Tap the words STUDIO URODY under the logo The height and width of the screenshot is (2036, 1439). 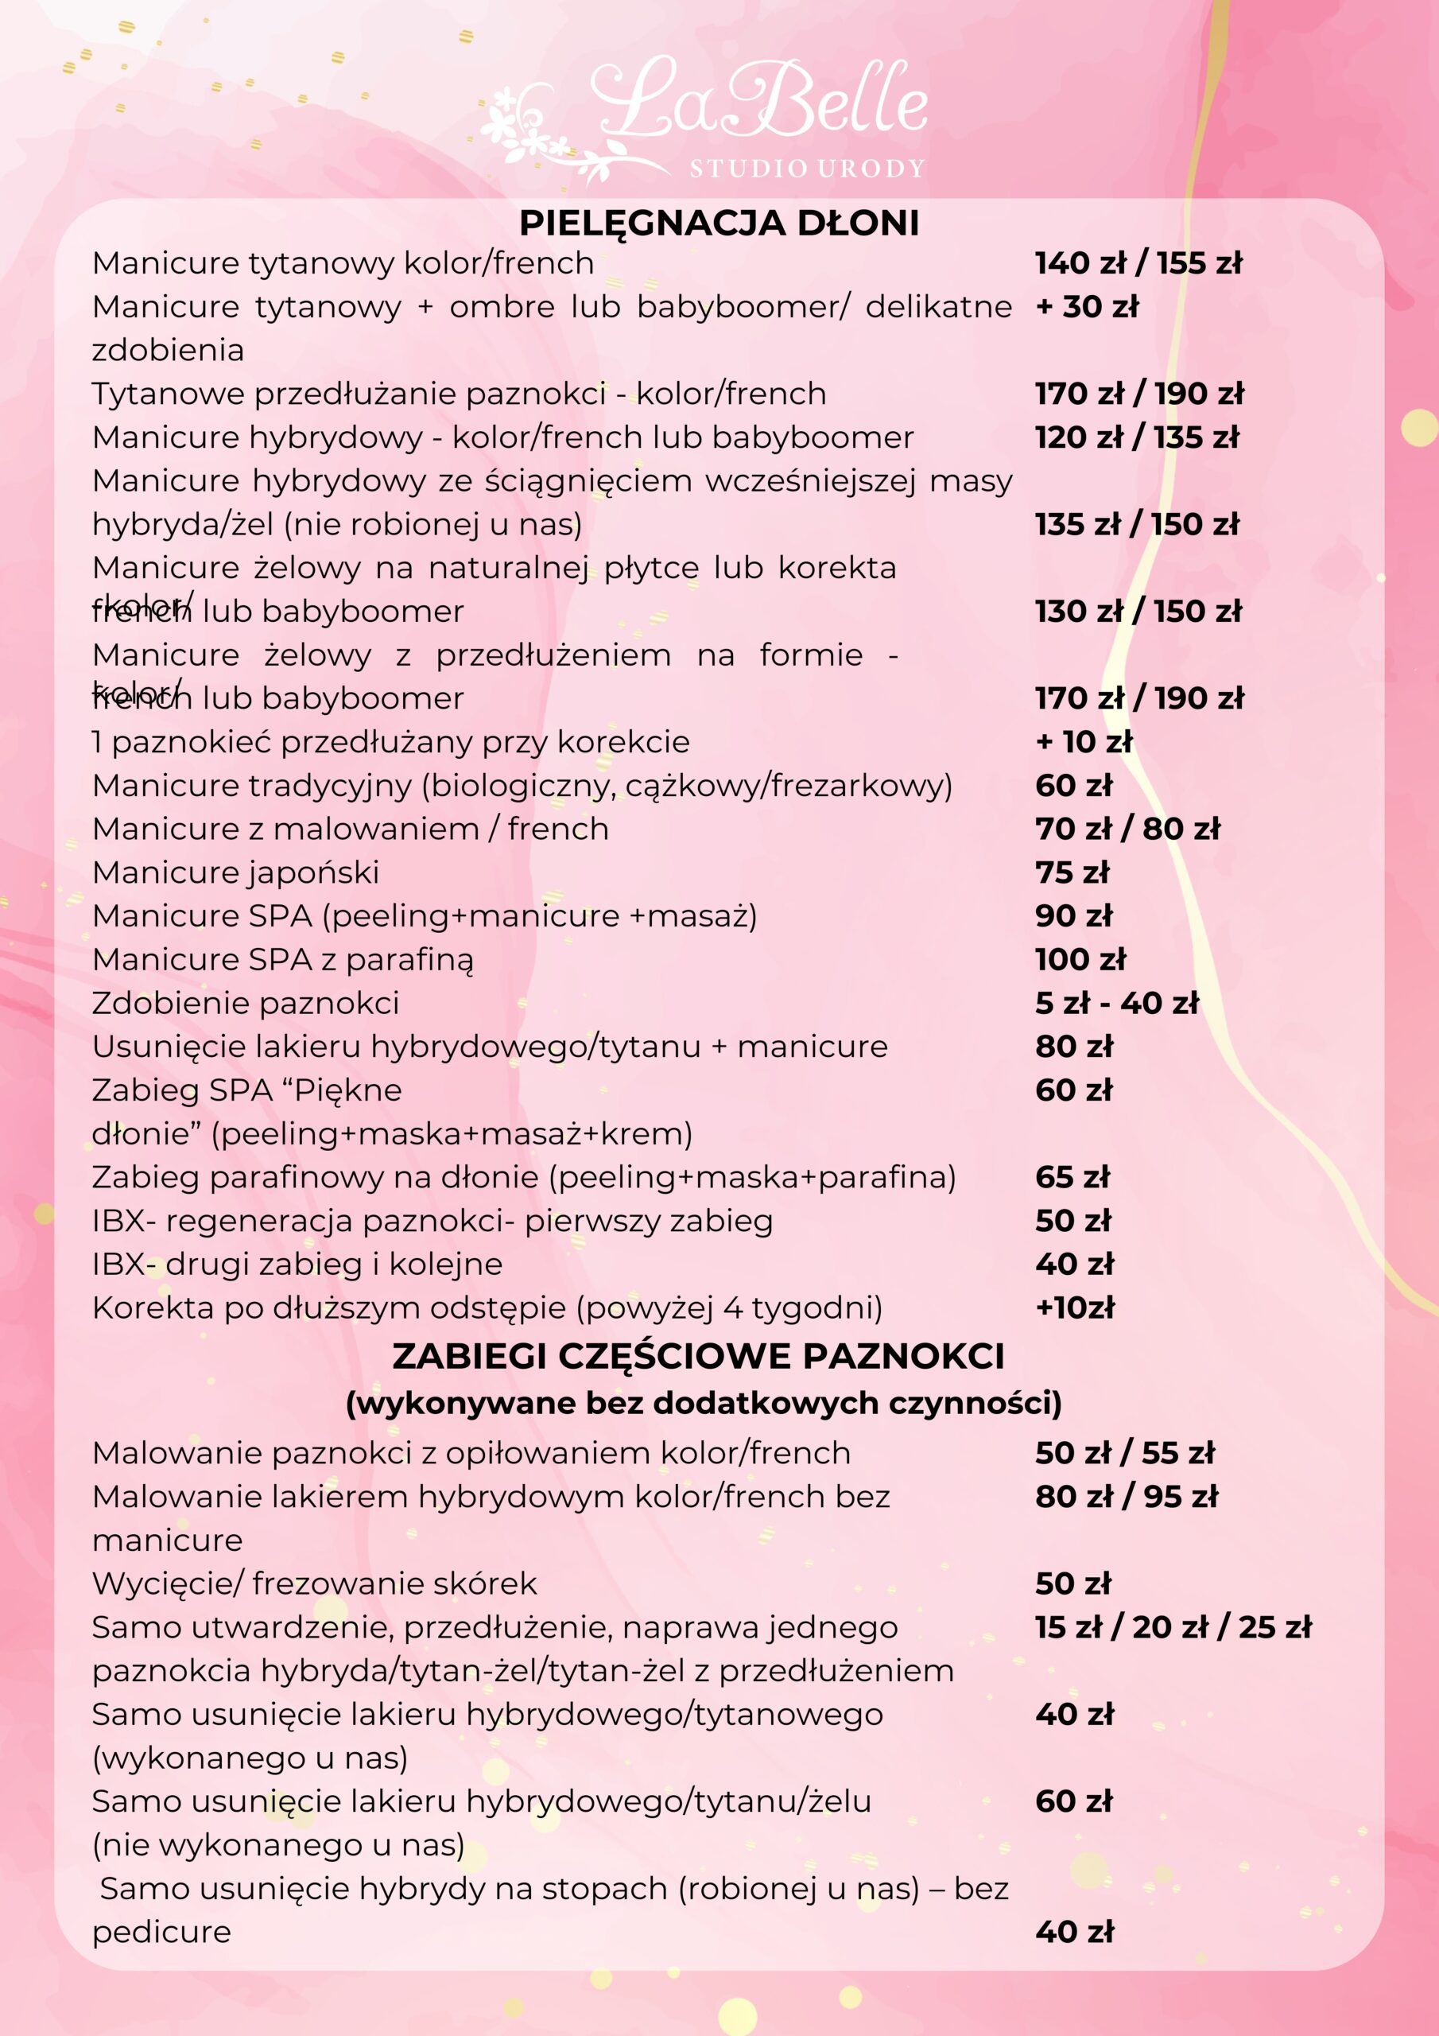[x=807, y=168]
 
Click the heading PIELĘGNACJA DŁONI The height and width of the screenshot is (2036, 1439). [x=719, y=223]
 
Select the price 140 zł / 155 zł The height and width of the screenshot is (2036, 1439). [x=1138, y=263]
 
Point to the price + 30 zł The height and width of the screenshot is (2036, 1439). [x=1087, y=307]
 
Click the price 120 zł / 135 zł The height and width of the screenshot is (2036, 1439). [x=1137, y=437]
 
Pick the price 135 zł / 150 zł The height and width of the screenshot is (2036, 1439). [x=1137, y=524]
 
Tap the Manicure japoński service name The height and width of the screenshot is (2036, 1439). [x=236, y=872]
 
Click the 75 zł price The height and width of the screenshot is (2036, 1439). [x=1072, y=872]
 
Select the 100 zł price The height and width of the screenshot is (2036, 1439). [x=1080, y=959]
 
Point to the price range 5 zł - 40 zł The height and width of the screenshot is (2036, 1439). [x=1116, y=1003]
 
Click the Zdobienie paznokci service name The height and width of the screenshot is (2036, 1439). [x=246, y=1003]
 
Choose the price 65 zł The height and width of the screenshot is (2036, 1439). [x=1072, y=1177]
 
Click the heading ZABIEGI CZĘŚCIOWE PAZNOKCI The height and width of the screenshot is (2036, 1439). [x=699, y=1356]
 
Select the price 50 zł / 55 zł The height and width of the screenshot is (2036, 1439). [x=1124, y=1452]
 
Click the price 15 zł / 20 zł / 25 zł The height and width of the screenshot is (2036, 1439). [x=1172, y=1626]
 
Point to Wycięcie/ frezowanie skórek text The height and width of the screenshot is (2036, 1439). [x=315, y=1583]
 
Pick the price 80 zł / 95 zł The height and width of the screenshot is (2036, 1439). [x=1126, y=1496]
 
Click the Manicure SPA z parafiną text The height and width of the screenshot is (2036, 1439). [x=283, y=959]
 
